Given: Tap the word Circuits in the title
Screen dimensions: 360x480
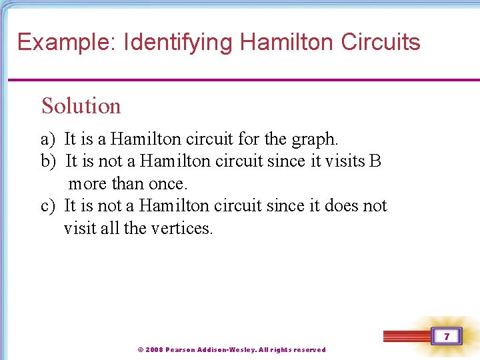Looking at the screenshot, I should pyautogui.click(x=381, y=43).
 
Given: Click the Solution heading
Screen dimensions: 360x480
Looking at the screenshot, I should pyautogui.click(x=81, y=106).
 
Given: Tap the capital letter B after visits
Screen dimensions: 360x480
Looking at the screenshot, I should pyautogui.click(x=375, y=161).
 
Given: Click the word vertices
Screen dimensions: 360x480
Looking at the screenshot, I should pyautogui.click(x=181, y=228).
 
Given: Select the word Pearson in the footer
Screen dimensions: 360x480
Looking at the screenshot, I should pyautogui.click(x=180, y=350).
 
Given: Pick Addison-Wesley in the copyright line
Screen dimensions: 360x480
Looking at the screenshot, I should pyautogui.click(x=227, y=350).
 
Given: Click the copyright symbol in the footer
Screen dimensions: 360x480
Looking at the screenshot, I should pyautogui.click(x=140, y=350).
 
